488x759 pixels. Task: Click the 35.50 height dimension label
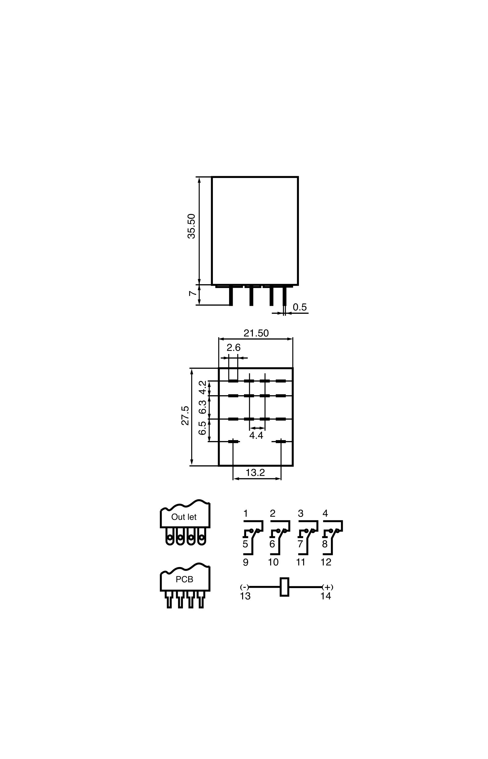click(x=192, y=226)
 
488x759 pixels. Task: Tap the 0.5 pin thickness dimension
click(x=300, y=307)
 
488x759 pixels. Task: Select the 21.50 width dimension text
click(x=256, y=333)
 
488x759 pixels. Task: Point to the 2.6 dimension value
click(x=234, y=348)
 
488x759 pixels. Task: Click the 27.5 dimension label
click(x=185, y=416)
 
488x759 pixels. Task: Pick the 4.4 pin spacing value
click(x=256, y=435)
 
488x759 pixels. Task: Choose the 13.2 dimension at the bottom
click(x=255, y=472)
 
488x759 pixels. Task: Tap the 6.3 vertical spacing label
click(x=203, y=407)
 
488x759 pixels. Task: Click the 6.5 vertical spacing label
click(x=203, y=428)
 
